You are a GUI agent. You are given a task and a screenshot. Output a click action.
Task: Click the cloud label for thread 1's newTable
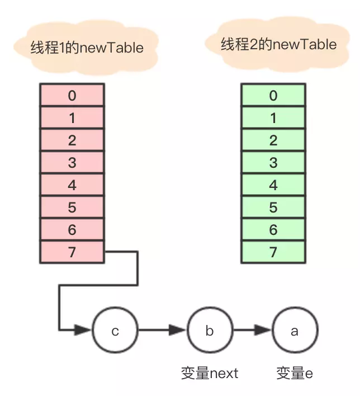[x=87, y=48]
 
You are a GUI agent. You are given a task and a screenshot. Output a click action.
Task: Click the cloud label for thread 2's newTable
[x=279, y=45]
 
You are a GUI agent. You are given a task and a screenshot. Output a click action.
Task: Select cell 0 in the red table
[x=72, y=96]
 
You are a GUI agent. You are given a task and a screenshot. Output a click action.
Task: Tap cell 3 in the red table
[x=72, y=163]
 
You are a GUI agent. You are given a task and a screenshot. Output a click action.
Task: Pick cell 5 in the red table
[x=72, y=208]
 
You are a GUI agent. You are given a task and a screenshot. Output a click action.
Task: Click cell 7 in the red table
[x=72, y=252]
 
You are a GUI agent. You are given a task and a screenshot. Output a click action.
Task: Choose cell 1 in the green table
[x=273, y=118]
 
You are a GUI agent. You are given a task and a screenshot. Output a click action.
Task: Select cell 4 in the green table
[x=273, y=185]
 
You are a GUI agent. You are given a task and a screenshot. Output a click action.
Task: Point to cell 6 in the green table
[x=273, y=230]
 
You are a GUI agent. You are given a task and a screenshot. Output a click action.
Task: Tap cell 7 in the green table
[x=273, y=252]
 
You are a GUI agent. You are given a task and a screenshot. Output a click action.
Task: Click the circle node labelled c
[x=115, y=331]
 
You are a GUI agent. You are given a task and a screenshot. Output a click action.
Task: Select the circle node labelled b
[x=210, y=331]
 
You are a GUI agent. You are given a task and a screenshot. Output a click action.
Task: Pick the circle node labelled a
[x=295, y=331]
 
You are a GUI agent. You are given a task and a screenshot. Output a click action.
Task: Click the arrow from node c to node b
[x=162, y=331]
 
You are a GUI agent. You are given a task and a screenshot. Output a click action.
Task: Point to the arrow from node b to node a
[x=252, y=331]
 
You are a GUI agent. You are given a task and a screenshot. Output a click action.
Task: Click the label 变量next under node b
[x=210, y=373]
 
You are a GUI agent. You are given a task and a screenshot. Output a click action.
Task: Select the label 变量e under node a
[x=295, y=373]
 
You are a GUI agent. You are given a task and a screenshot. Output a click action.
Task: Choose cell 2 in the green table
[x=273, y=140]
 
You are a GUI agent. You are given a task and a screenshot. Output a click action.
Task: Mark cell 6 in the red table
[x=72, y=230]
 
